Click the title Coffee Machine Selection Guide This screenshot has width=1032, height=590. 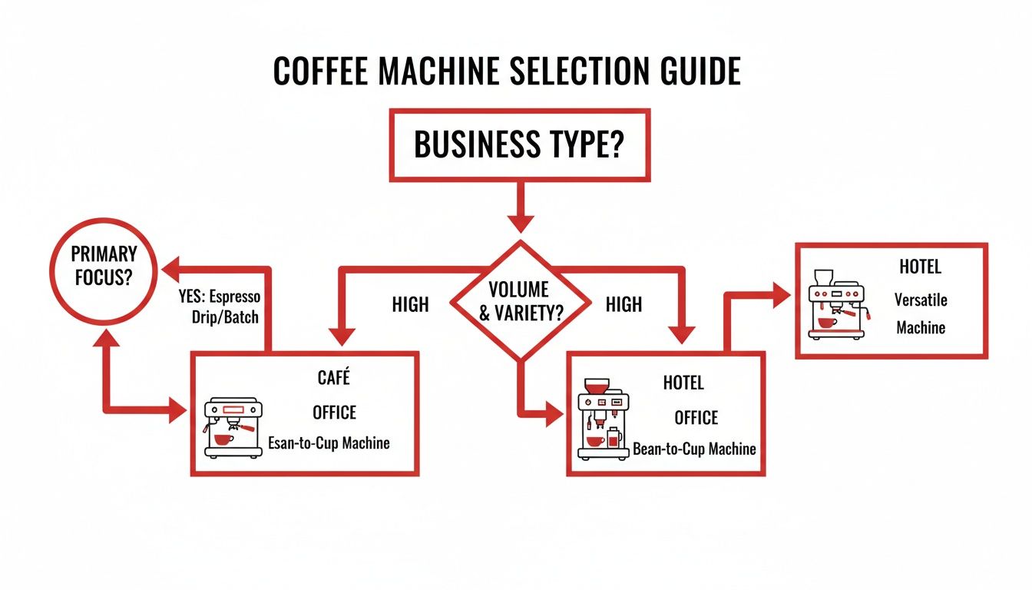coord(507,71)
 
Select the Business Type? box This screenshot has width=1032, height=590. coord(519,144)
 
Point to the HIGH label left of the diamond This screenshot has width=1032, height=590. coord(410,305)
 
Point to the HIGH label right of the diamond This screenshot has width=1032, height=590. coord(623,305)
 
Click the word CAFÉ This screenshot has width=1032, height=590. coord(333,378)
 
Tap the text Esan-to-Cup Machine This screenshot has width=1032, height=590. coord(329,442)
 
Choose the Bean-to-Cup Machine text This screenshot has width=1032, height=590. coord(694,449)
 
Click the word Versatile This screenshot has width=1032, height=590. coord(921,299)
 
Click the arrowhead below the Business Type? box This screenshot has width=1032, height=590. coord(520,222)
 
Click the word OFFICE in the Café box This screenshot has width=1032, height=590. coord(334,413)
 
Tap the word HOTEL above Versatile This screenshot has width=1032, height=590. coord(920,268)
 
